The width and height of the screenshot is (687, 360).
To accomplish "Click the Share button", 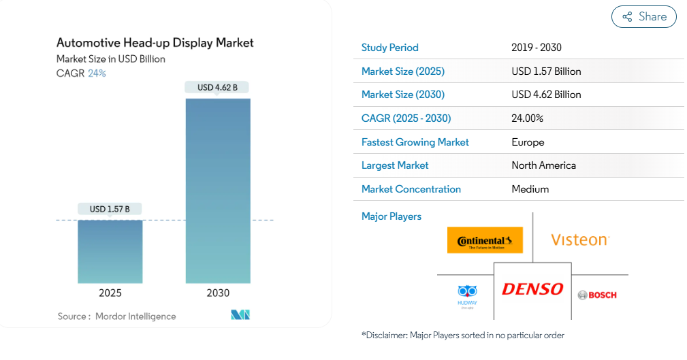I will [x=643, y=17].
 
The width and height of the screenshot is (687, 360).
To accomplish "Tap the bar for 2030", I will [x=218, y=191].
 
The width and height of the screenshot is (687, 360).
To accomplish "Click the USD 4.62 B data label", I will [x=218, y=87].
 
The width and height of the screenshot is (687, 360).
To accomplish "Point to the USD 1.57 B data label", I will [x=110, y=209].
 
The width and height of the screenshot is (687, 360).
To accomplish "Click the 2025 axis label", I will [x=110, y=293].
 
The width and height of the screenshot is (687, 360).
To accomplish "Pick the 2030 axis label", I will [x=218, y=293].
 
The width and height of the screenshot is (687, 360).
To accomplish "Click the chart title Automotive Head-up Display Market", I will [x=155, y=43].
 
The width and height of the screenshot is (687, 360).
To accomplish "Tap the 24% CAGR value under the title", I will [x=97, y=73].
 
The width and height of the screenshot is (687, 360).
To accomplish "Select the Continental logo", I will [x=485, y=240].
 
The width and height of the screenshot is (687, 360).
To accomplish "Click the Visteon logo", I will [x=580, y=240].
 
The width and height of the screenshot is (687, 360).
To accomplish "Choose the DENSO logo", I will [x=532, y=289].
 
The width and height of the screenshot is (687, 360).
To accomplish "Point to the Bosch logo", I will [x=597, y=295].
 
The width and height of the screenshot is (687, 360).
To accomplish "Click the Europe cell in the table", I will [x=528, y=142].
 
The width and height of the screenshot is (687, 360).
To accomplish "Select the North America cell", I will [x=543, y=165].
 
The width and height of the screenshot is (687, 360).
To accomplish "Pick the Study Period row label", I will [x=389, y=48].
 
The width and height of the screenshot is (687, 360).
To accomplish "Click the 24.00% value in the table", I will [x=527, y=118].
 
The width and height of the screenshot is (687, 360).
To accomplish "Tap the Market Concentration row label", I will [x=411, y=189].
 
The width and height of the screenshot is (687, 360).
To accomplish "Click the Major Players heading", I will [x=391, y=216].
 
